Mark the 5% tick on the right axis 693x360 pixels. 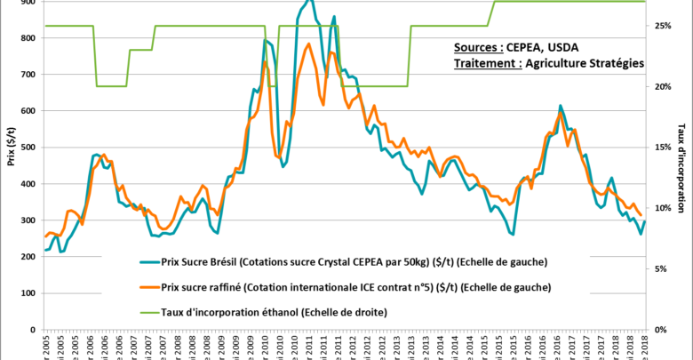[x=662, y=268]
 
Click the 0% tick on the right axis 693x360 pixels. [x=662, y=329]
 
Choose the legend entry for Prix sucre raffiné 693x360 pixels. [x=355, y=287]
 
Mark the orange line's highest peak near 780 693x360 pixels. [x=307, y=44]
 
